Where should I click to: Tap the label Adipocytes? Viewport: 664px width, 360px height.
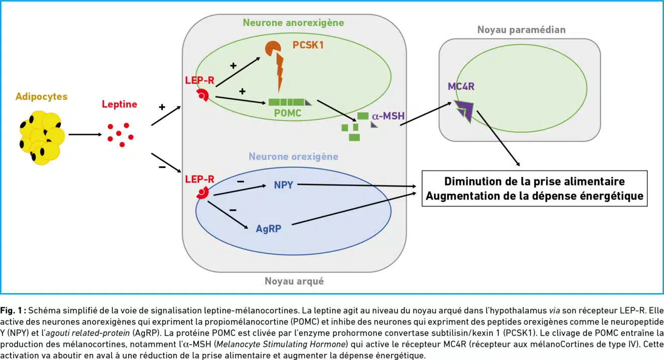click(x=41, y=97)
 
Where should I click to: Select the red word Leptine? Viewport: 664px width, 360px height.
click(x=119, y=104)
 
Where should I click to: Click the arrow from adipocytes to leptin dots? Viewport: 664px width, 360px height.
click(x=86, y=135)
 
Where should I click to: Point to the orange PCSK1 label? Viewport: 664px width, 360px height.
click(x=308, y=45)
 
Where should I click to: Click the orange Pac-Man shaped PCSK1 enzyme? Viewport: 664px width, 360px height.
click(x=273, y=49)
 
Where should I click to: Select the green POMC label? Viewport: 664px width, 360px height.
click(x=288, y=113)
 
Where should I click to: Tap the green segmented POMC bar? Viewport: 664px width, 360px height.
click(x=290, y=102)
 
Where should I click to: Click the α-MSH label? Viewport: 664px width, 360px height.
click(x=388, y=116)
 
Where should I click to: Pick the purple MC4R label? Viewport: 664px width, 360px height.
click(x=461, y=86)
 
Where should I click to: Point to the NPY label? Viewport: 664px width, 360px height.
click(x=283, y=185)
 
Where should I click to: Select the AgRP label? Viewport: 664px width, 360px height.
click(x=269, y=229)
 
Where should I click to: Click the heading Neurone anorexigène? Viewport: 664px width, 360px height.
click(x=293, y=23)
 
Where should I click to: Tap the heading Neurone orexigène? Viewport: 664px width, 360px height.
click(x=293, y=156)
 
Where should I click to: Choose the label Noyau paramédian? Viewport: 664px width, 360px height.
click(x=522, y=30)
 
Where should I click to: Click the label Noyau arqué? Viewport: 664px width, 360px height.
click(x=294, y=281)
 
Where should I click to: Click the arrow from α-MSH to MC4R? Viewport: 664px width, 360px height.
click(x=426, y=114)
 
